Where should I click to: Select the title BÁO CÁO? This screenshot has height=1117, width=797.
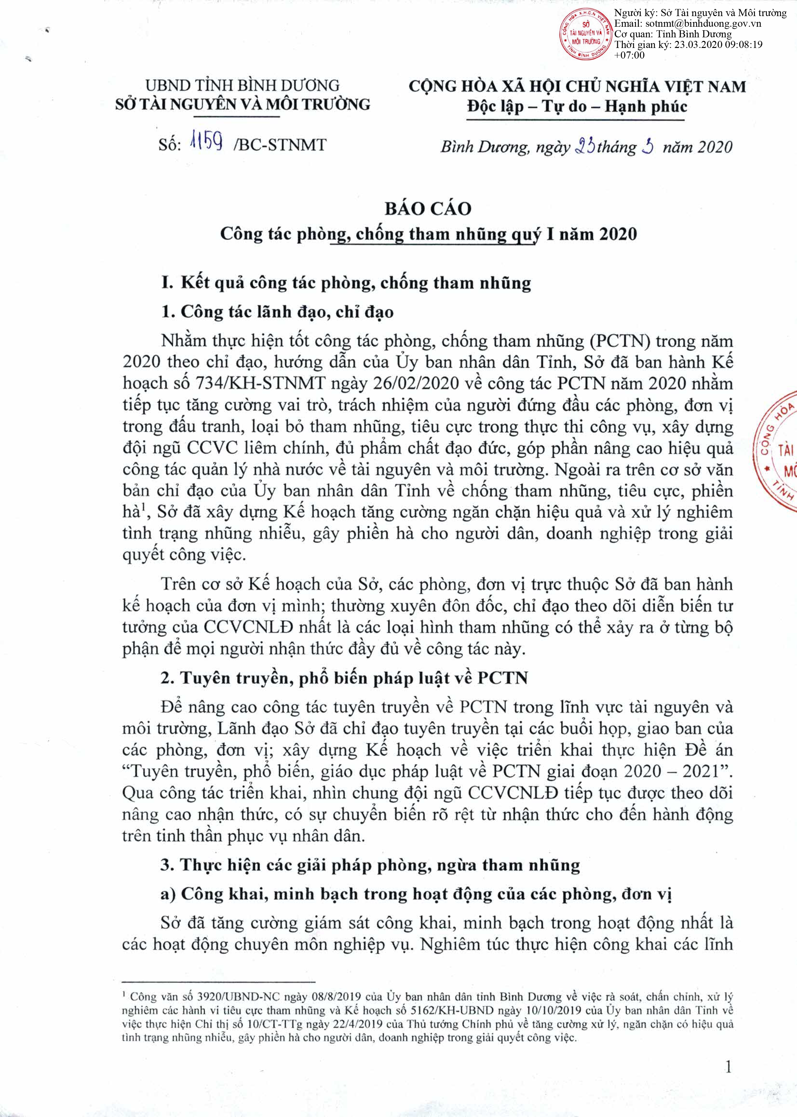(x=428, y=209)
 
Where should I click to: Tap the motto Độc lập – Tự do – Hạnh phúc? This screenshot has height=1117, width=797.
(x=577, y=107)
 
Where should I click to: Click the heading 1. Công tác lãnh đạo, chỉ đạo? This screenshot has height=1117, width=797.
(x=277, y=312)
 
